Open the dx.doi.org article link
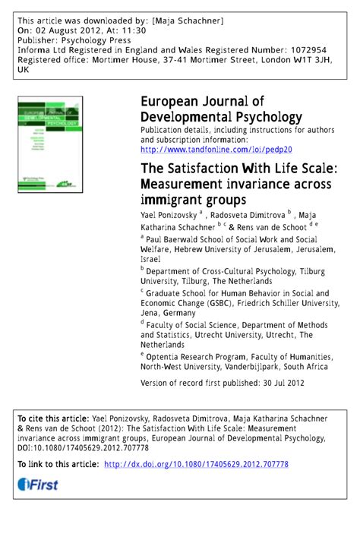(x=196, y=465)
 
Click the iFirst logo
(x=37, y=485)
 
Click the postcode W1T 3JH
(x=310, y=58)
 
